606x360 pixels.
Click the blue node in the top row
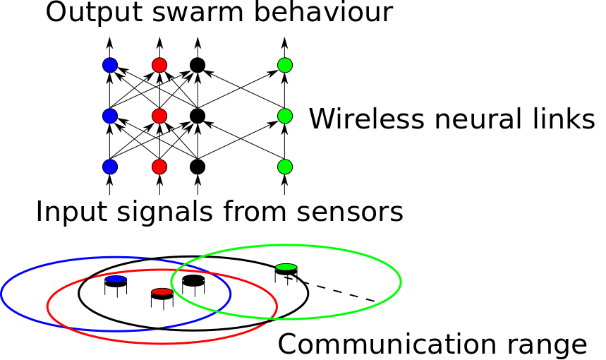pyautogui.click(x=109, y=66)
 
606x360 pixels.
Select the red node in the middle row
pyautogui.click(x=159, y=116)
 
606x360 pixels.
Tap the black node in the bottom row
pyautogui.click(x=198, y=167)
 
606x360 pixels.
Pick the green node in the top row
pyautogui.click(x=285, y=66)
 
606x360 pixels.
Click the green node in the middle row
pyautogui.click(x=285, y=116)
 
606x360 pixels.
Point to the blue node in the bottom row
pyautogui.click(x=109, y=167)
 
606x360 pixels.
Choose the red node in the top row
pyautogui.click(x=159, y=66)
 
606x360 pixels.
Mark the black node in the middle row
pyautogui.click(x=198, y=116)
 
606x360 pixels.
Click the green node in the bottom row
pyautogui.click(x=285, y=167)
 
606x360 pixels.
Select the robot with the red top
pyautogui.click(x=162, y=296)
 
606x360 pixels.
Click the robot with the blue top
pyautogui.click(x=115, y=284)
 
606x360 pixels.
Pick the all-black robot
pyautogui.click(x=193, y=284)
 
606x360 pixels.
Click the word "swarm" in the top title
pyautogui.click(x=178, y=13)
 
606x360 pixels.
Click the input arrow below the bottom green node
pyautogui.click(x=285, y=186)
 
